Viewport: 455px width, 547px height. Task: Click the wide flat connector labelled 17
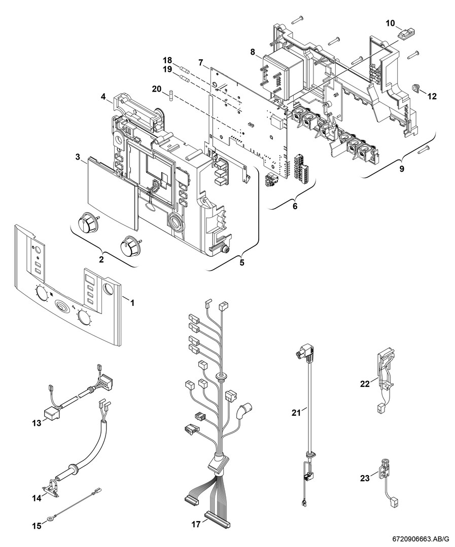[x=216, y=520]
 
